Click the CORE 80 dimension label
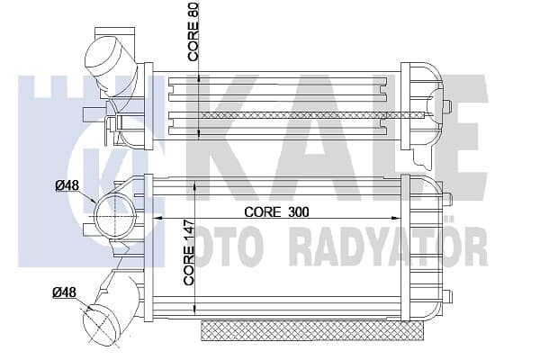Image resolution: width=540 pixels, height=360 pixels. (x=193, y=32)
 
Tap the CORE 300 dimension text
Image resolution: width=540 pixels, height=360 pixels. (x=276, y=212)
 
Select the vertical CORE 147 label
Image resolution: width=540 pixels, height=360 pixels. (x=189, y=256)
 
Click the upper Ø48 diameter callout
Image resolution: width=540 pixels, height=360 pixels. (x=67, y=185)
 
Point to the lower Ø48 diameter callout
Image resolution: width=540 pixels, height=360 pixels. (x=64, y=292)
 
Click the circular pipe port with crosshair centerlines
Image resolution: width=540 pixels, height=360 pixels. (x=115, y=215)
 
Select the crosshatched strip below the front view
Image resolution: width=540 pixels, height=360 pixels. (x=311, y=330)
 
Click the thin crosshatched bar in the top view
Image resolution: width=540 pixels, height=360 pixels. (x=314, y=115)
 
